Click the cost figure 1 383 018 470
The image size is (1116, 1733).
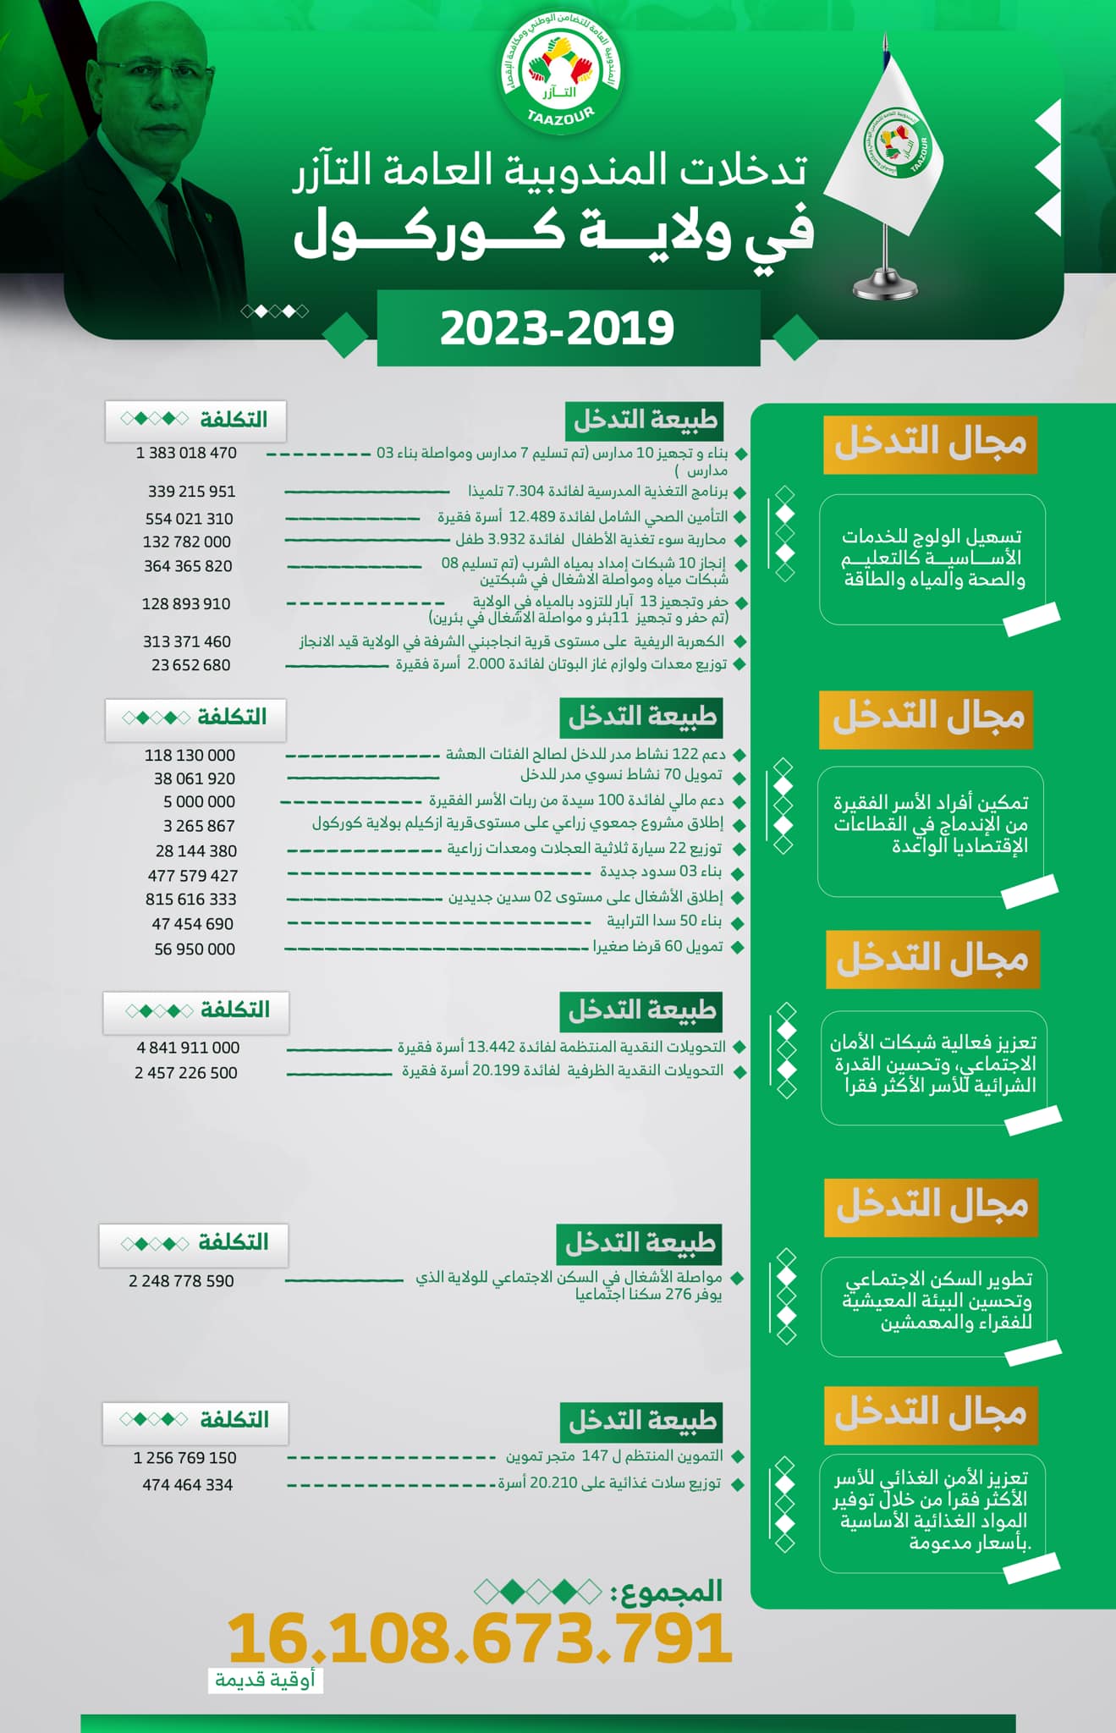[186, 454]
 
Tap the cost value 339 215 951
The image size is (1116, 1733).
[191, 492]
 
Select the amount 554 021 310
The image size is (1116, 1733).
[189, 519]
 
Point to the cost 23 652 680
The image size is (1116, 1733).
[190, 665]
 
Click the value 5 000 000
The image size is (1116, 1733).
[199, 801]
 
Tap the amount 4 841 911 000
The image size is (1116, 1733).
[188, 1048]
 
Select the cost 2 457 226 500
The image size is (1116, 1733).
[186, 1073]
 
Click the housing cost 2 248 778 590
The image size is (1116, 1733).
[181, 1281]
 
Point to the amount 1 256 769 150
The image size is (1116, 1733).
[184, 1458]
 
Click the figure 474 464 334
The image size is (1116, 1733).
[187, 1484]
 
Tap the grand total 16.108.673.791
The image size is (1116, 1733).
[480, 1638]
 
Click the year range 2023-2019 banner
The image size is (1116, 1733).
[558, 328]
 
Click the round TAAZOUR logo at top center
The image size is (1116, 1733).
[559, 80]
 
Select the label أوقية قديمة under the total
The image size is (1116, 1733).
[265, 1681]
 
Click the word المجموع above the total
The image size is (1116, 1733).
[672, 1591]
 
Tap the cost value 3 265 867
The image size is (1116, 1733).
[199, 826]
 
